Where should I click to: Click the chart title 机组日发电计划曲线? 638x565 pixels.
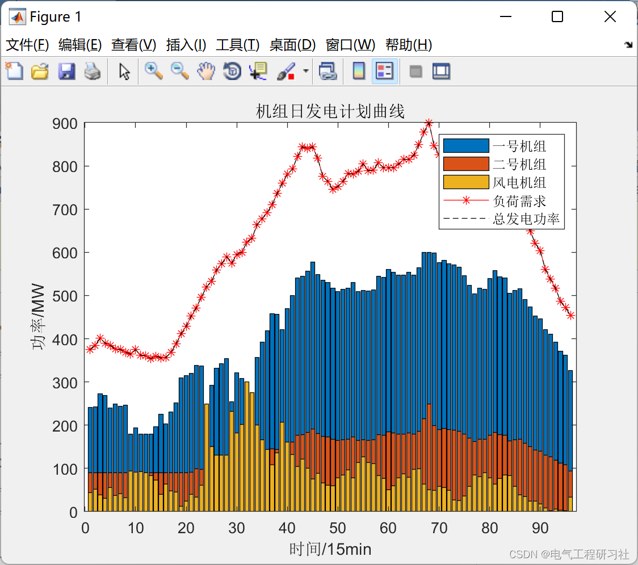pyautogui.click(x=330, y=111)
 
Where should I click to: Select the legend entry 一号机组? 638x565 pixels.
pyautogui.click(x=519, y=147)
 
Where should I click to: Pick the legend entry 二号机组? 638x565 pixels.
pyautogui.click(x=519, y=165)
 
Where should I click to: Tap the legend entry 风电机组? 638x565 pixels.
pyautogui.click(x=519, y=183)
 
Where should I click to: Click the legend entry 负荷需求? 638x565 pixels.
pyautogui.click(x=519, y=201)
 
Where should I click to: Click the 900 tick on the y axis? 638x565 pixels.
pyautogui.click(x=66, y=123)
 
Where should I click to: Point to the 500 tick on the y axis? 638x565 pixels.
pyautogui.click(x=66, y=296)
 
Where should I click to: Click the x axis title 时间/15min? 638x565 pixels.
pyautogui.click(x=330, y=549)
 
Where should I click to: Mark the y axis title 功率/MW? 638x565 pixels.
pyautogui.click(x=39, y=317)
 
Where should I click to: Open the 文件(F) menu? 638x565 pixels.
pyautogui.click(x=27, y=45)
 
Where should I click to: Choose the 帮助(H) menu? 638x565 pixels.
pyautogui.click(x=408, y=45)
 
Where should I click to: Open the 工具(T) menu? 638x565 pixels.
pyautogui.click(x=237, y=45)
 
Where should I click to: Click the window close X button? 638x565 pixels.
pyautogui.click(x=610, y=17)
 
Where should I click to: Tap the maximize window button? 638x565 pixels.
pyautogui.click(x=557, y=17)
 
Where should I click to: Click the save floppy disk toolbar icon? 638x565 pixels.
pyautogui.click(x=66, y=72)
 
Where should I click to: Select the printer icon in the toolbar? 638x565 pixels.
pyautogui.click(x=93, y=72)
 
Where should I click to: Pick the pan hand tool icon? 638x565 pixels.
pyautogui.click(x=206, y=72)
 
